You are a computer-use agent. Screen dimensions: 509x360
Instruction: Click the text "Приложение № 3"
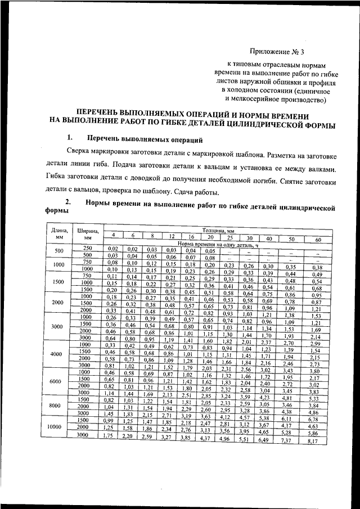point(276,53)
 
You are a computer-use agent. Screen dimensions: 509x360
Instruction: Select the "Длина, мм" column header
point(59,233)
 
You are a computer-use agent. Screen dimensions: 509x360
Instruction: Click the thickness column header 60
point(318,240)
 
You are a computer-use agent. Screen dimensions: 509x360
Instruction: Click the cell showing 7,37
point(287,440)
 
